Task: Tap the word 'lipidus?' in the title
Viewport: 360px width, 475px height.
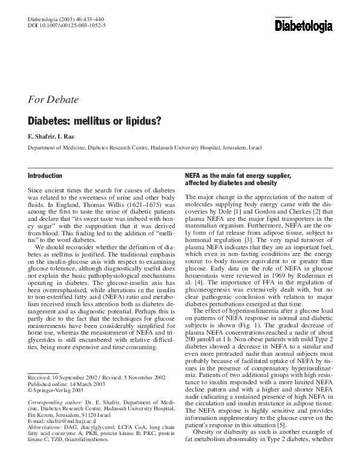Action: pos(140,120)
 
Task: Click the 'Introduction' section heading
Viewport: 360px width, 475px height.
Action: pos(45,175)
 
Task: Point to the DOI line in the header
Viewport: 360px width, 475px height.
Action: pos(67,26)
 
